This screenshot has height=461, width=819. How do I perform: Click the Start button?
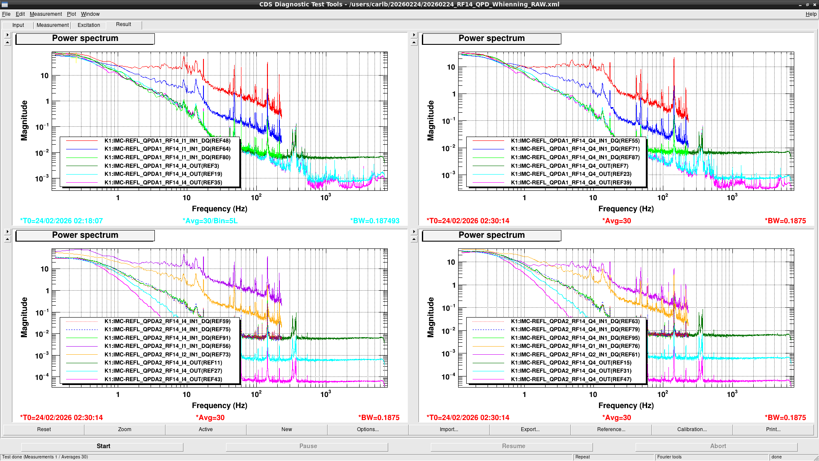103,446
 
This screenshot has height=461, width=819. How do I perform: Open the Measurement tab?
52,25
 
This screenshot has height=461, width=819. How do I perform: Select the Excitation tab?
89,25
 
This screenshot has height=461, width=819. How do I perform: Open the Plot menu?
71,14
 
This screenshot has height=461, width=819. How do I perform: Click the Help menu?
811,14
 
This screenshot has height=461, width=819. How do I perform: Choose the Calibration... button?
692,429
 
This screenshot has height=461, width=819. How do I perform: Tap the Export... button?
530,429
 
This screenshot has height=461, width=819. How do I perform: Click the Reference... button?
611,429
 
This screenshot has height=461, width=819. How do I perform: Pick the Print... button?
773,429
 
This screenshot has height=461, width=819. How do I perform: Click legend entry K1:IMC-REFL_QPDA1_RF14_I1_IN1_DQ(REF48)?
167,140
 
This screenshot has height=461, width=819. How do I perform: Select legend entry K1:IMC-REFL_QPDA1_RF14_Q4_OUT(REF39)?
571,182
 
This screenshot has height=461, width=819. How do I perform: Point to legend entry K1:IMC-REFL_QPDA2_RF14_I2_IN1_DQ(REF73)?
167,354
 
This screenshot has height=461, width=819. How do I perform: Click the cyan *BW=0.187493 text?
375,221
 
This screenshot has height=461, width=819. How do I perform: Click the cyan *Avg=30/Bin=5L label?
210,221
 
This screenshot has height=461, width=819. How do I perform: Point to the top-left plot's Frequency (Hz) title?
220,209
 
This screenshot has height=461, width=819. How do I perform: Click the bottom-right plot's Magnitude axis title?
431,317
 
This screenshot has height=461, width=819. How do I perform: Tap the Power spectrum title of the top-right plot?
491,38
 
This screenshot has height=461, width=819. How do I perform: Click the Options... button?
368,429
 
